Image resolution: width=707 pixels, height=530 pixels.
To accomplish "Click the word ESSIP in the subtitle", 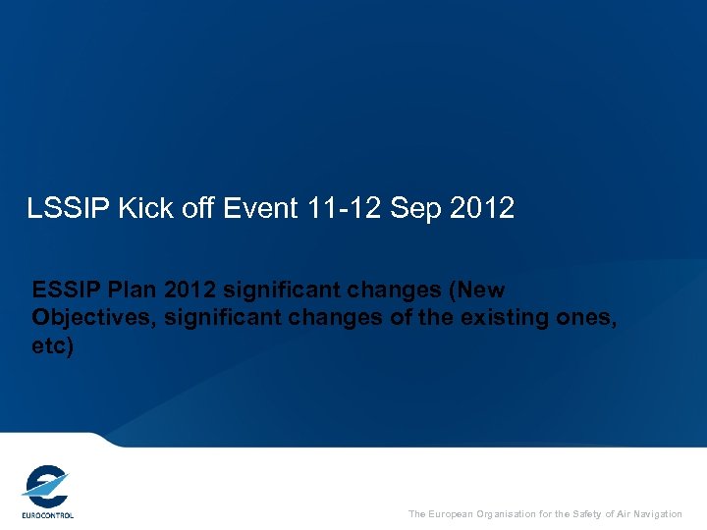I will point(64,291).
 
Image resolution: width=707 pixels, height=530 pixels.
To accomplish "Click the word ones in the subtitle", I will point(586,319).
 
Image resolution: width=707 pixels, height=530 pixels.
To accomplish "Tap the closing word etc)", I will point(52,347).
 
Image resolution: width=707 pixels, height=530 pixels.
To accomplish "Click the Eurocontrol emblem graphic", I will point(46,486).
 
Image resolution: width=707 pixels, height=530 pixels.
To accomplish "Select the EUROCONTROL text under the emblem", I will point(47,514).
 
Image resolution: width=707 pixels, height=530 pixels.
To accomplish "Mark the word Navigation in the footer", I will point(657,514).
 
